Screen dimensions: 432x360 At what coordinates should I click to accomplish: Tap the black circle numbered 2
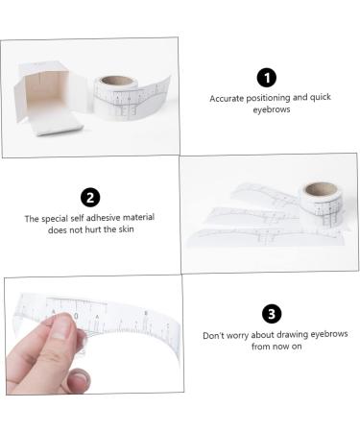tap(89, 198)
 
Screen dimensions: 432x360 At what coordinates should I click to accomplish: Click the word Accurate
tap(228, 98)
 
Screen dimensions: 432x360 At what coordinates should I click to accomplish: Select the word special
tap(56, 218)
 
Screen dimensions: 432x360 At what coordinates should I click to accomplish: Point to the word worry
tap(244, 335)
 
